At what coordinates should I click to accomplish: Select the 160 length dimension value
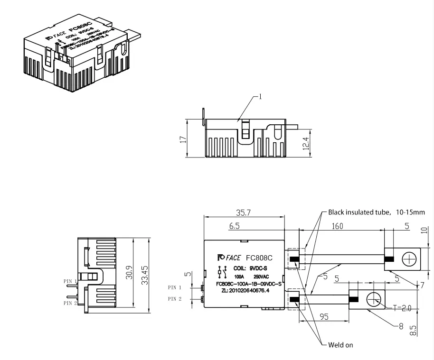pyautogui.click(x=337, y=227)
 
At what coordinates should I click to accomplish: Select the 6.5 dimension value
pyautogui.click(x=234, y=227)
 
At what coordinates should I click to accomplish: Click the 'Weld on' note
pyautogui.click(x=340, y=345)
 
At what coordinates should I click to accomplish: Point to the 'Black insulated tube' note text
pyautogui.click(x=377, y=212)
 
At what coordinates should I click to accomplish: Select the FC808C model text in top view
pyautogui.click(x=259, y=258)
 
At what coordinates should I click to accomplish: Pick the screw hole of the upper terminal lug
pyautogui.click(x=408, y=259)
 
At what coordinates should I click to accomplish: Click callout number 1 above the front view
pyautogui.click(x=260, y=97)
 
